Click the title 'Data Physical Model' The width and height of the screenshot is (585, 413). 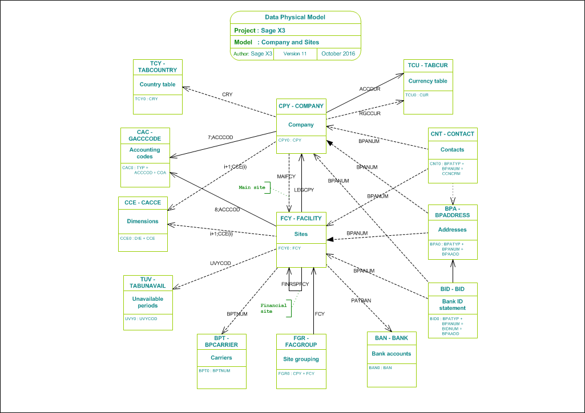point(295,17)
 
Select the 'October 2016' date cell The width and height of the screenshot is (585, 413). point(338,54)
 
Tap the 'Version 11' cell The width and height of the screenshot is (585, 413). point(295,54)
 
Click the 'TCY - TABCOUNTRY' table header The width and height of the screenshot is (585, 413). point(158,67)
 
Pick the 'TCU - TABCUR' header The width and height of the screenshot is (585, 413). point(427,66)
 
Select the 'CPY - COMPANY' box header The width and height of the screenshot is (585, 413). point(301,106)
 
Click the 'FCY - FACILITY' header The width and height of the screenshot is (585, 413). point(301,218)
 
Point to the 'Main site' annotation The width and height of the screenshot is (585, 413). point(252,187)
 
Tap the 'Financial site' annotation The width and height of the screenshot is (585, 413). point(273,308)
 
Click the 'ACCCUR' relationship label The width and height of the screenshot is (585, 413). point(370,89)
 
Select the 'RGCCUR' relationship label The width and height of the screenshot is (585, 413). point(369,113)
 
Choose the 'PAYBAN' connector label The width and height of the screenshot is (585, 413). point(361,300)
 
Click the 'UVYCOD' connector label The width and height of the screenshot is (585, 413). point(220,263)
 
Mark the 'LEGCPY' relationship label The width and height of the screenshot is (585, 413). point(304,190)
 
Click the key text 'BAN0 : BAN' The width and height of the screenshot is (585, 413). point(381,368)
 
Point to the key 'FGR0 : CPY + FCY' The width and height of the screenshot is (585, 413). point(296,373)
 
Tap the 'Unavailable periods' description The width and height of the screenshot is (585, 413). point(147,302)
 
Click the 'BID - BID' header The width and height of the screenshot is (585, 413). point(453,289)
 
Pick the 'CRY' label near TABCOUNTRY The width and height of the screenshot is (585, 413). point(227,95)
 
